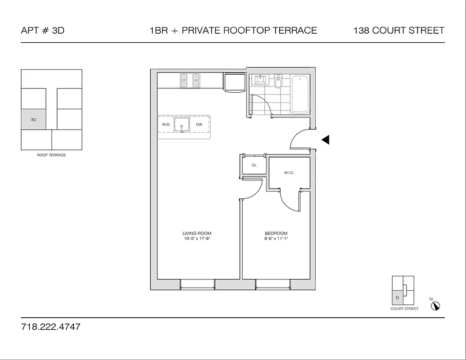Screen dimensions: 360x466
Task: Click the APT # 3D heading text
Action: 43,31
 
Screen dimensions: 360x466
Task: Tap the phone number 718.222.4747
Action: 50,327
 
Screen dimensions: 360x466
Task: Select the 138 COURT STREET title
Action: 399,31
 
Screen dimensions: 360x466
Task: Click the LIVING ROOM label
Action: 197,233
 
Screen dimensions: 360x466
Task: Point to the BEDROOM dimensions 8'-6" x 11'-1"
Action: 276,239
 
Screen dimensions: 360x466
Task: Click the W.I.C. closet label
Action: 289,173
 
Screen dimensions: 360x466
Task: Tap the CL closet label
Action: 254,165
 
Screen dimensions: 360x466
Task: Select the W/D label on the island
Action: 166,124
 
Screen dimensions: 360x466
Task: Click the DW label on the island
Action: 199,124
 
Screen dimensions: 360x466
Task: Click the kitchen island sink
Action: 182,126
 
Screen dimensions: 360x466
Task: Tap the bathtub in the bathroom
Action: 300,94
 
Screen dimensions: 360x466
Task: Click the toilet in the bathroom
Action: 278,82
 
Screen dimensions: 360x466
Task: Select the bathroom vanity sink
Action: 260,81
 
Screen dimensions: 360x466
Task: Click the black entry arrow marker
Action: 326,140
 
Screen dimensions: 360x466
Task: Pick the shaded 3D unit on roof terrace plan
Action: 34,120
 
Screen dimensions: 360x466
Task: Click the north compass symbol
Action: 435,306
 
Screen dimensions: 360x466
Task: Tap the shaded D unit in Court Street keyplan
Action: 397,297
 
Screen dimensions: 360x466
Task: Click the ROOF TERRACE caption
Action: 51,155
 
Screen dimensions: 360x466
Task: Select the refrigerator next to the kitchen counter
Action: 234,82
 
